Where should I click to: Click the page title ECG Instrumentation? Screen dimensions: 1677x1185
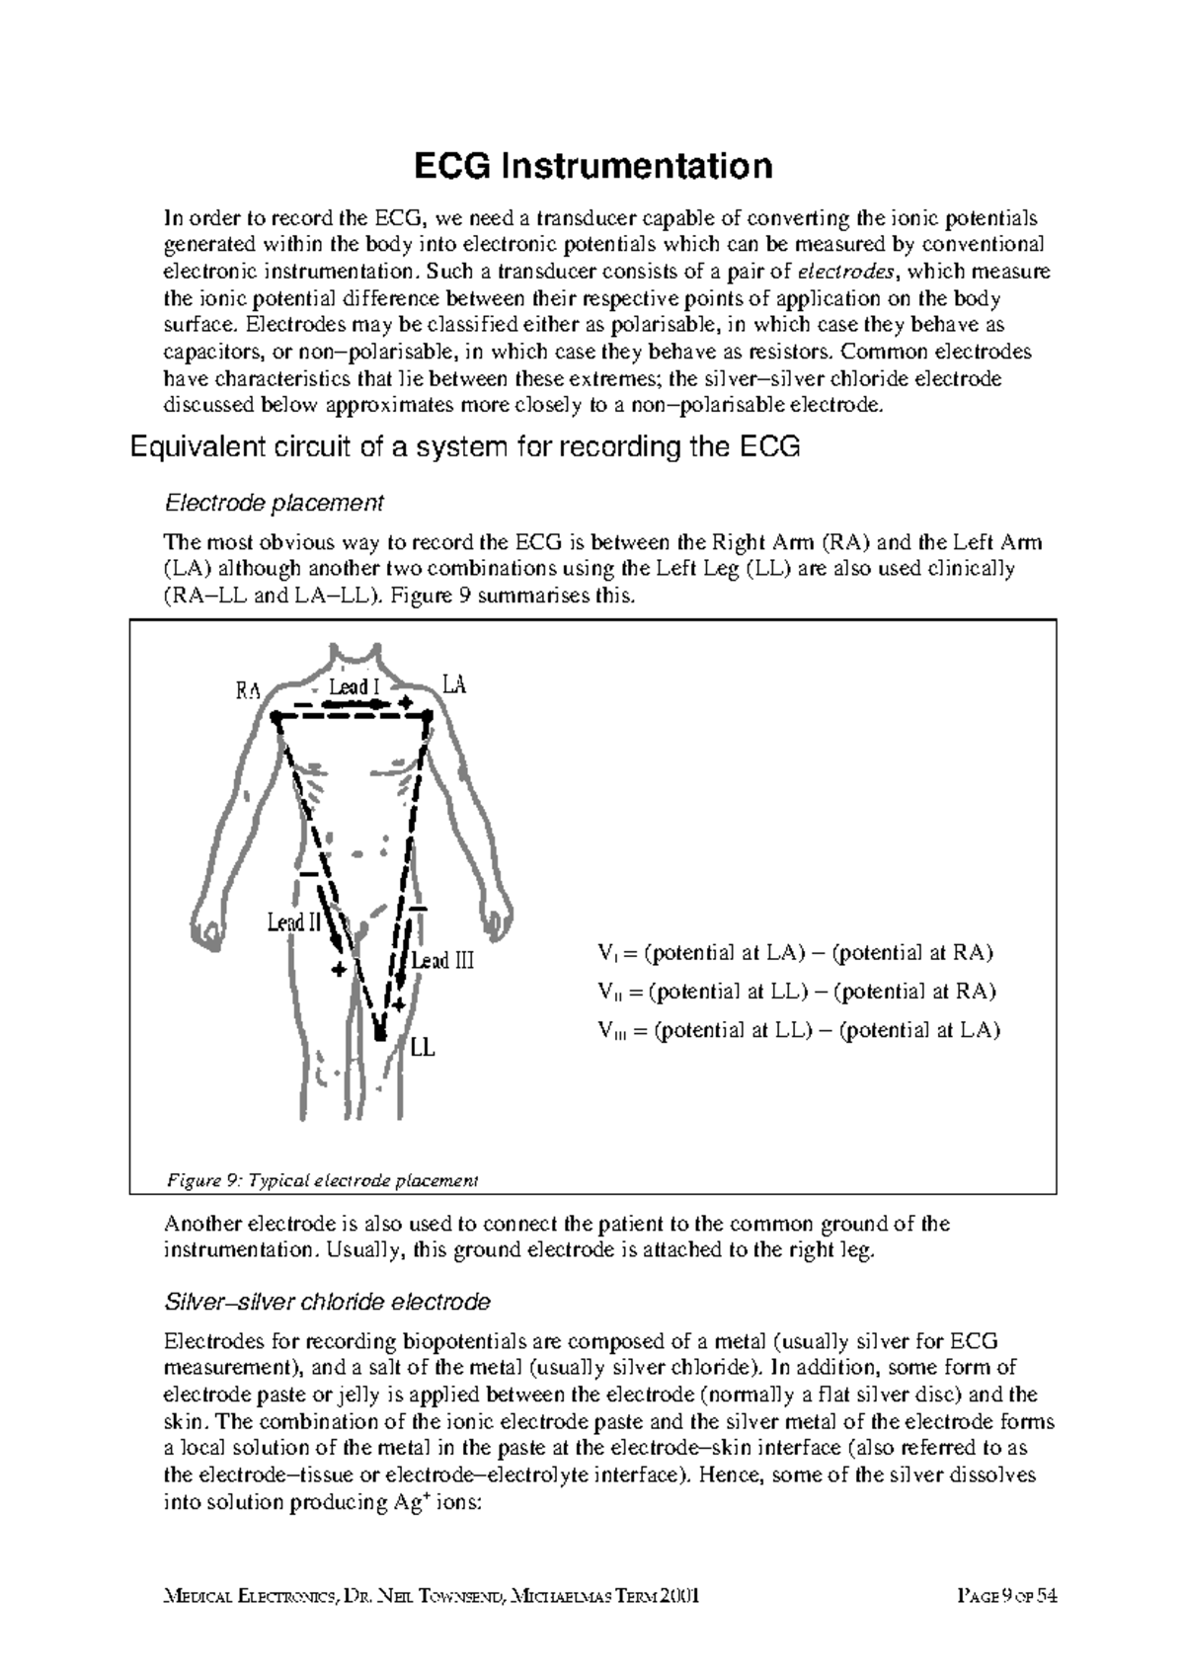pyautogui.click(x=592, y=166)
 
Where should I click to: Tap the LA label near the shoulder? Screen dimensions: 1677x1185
pyautogui.click(x=453, y=683)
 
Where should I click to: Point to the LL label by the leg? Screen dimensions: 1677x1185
pyautogui.click(x=423, y=1048)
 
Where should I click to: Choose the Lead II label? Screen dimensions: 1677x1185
pyautogui.click(x=294, y=922)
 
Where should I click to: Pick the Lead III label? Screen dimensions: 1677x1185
pyautogui.click(x=442, y=960)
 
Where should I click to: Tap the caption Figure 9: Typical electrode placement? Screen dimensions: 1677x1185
pyautogui.click(x=321, y=1180)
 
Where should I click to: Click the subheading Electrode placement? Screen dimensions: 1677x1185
pyautogui.click(x=273, y=504)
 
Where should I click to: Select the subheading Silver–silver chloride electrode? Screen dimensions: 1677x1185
pyautogui.click(x=326, y=1302)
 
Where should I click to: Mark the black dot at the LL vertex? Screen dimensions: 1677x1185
pyautogui.click(x=380, y=1034)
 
